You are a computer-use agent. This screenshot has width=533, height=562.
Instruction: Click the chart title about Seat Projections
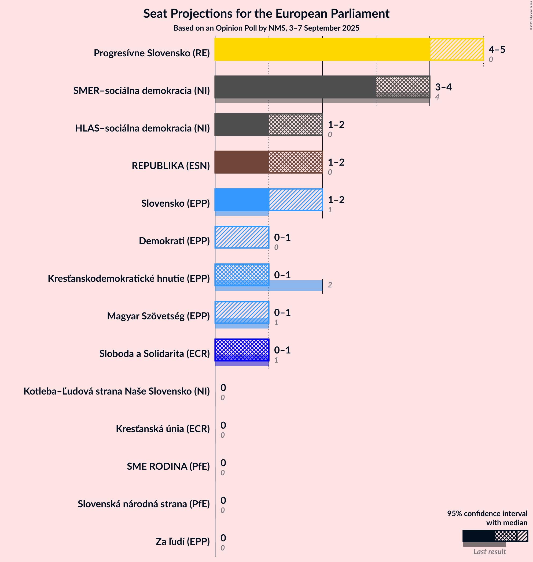pyautogui.click(x=266, y=14)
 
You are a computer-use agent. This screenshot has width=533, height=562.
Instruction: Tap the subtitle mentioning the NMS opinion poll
pyautogui.click(x=266, y=28)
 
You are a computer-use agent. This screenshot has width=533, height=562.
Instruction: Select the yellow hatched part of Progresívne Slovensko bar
pyautogui.click(x=456, y=49)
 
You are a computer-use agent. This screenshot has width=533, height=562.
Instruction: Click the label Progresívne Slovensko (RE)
pyautogui.click(x=152, y=53)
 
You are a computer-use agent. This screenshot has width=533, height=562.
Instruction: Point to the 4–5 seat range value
pyautogui.click(x=497, y=49)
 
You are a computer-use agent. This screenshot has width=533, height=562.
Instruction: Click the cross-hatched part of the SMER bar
pyautogui.click(x=403, y=87)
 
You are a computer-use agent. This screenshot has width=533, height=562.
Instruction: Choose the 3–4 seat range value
pyautogui.click(x=443, y=87)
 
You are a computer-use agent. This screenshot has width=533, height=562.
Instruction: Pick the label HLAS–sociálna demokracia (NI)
pyautogui.click(x=142, y=128)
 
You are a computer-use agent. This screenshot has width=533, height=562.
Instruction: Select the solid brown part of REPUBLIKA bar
pyautogui.click(x=241, y=162)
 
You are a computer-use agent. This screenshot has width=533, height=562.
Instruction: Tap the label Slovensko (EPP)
pyautogui.click(x=176, y=203)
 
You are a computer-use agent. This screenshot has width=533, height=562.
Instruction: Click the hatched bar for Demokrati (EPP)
pyautogui.click(x=242, y=237)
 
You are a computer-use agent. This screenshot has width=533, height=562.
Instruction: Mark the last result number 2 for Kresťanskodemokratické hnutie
pyautogui.click(x=330, y=285)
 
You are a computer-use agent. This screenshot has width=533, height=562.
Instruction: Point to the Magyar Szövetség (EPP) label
pyautogui.click(x=158, y=316)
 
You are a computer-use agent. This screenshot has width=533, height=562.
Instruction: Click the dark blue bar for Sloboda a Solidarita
pyautogui.click(x=242, y=350)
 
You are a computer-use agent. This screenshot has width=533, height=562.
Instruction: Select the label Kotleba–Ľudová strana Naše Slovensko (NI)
pyautogui.click(x=116, y=391)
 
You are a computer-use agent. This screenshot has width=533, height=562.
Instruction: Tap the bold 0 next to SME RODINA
pyautogui.click(x=223, y=462)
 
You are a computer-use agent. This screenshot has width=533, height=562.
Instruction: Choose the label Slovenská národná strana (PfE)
pyautogui.click(x=144, y=504)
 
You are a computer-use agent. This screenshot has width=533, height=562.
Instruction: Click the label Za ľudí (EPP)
pyautogui.click(x=183, y=541)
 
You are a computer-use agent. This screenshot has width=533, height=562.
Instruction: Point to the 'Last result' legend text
pyautogui.click(x=490, y=552)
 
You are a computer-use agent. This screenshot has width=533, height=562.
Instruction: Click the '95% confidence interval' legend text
pyautogui.click(x=487, y=513)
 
